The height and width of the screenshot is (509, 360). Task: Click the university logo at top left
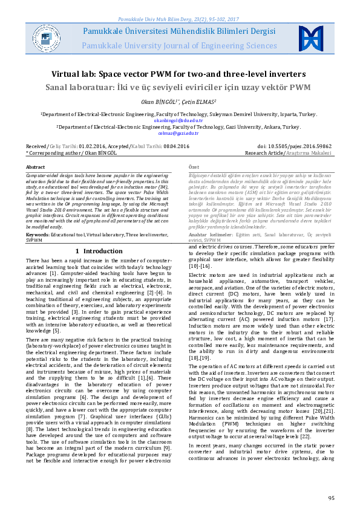click(45, 37)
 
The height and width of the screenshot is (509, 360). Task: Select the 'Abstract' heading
click(35, 166)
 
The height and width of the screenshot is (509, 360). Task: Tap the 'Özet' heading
click(194, 166)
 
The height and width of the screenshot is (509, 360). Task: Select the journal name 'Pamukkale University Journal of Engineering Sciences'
click(179, 45)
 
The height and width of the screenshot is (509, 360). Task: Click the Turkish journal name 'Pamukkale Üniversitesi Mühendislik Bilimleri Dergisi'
click(179, 30)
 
